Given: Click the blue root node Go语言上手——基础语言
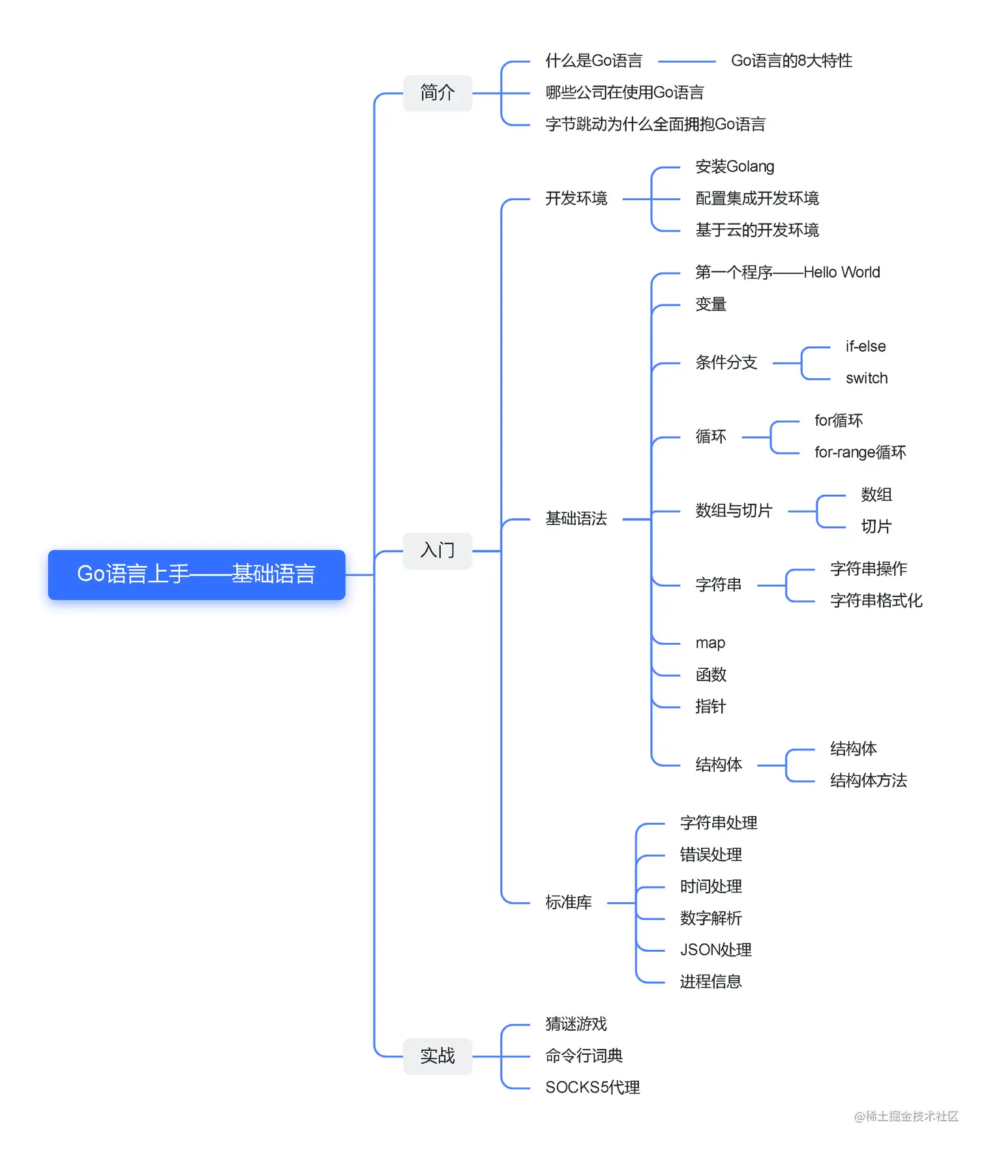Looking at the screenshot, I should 196,574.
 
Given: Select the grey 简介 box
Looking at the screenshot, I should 437,93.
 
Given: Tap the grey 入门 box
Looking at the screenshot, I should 437,550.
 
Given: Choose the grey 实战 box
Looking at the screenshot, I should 437,1055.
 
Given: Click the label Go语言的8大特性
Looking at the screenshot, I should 791,61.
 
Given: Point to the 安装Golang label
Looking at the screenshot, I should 734,167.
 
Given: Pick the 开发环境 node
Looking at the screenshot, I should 576,198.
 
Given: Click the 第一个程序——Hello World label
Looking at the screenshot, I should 787,273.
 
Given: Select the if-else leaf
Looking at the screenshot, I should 865,347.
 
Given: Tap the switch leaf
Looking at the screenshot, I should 866,378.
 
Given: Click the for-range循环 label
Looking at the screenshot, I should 859,452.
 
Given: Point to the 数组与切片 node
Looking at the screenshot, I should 733,510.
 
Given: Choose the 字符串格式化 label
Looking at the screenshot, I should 876,600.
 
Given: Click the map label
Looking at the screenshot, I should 710,643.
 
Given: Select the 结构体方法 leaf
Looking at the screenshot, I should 868,780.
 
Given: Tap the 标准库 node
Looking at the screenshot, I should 568,902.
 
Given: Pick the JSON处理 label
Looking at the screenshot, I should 715,950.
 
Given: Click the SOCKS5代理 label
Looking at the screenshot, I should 592,1087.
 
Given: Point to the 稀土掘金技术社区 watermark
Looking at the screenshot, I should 906,1116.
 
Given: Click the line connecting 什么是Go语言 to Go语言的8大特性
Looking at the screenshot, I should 687,61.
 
